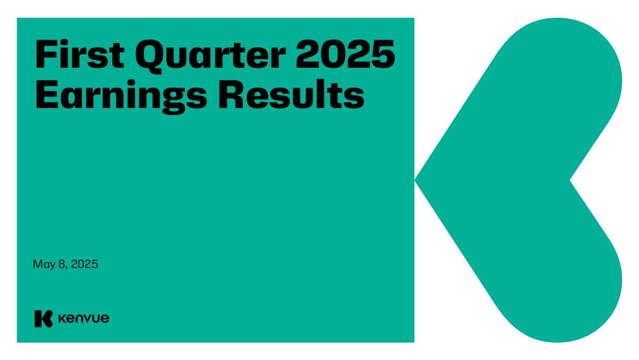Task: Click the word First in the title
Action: coord(80,54)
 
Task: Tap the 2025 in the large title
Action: coord(346,54)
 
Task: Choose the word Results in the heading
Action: coord(291,95)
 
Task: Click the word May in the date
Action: coord(44,265)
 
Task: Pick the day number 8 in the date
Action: coord(62,264)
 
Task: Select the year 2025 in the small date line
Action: coord(85,264)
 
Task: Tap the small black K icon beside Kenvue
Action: coord(43,318)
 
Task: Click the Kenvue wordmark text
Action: coord(84,318)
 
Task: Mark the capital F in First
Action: coord(46,54)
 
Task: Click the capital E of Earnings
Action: coord(47,95)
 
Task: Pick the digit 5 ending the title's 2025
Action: coord(383,54)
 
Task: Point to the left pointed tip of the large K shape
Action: coord(415,180)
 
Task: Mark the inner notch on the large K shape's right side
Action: coord(571,180)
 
